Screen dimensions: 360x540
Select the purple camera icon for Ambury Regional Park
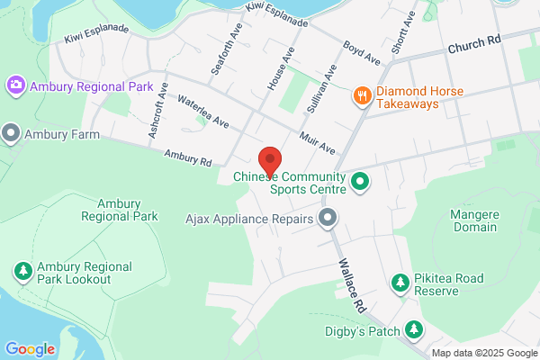[x=15, y=85]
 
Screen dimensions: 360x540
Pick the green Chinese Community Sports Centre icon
[x=361, y=183]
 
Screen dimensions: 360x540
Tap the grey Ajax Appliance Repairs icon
[x=328, y=218]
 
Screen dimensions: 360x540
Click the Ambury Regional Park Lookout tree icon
[x=22, y=271]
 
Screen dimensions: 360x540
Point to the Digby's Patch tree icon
[x=413, y=330]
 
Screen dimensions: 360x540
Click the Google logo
[x=30, y=349]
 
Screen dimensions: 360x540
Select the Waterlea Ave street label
[x=203, y=111]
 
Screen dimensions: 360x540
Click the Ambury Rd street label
[x=187, y=157]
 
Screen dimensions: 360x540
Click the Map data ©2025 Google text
[x=483, y=353]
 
